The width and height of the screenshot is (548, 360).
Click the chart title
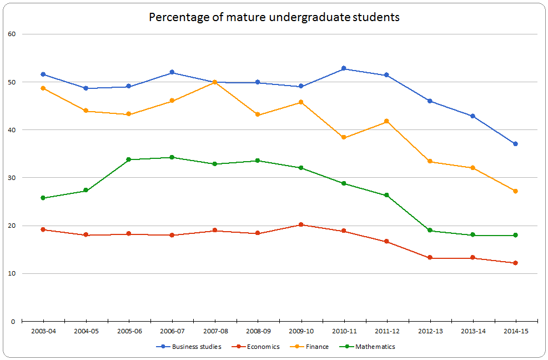click(x=274, y=17)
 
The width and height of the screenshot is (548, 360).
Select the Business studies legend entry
click(x=196, y=347)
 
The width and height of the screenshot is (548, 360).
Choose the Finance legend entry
click(x=316, y=347)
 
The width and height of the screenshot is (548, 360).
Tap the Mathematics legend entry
click(x=375, y=347)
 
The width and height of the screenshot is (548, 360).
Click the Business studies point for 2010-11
click(x=344, y=68)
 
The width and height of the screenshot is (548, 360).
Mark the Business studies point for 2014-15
click(x=516, y=144)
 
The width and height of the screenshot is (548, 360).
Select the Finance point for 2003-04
click(x=43, y=88)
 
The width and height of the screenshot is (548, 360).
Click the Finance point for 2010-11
click(x=344, y=137)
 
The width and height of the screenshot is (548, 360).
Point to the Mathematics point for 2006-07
click(x=172, y=157)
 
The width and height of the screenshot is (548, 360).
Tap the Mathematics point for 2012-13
click(x=430, y=231)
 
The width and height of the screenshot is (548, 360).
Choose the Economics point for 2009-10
click(x=301, y=224)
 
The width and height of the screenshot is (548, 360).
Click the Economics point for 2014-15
click(x=516, y=263)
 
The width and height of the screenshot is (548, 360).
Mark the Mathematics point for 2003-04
click(x=43, y=198)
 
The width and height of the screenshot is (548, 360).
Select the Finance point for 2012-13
click(x=430, y=162)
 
